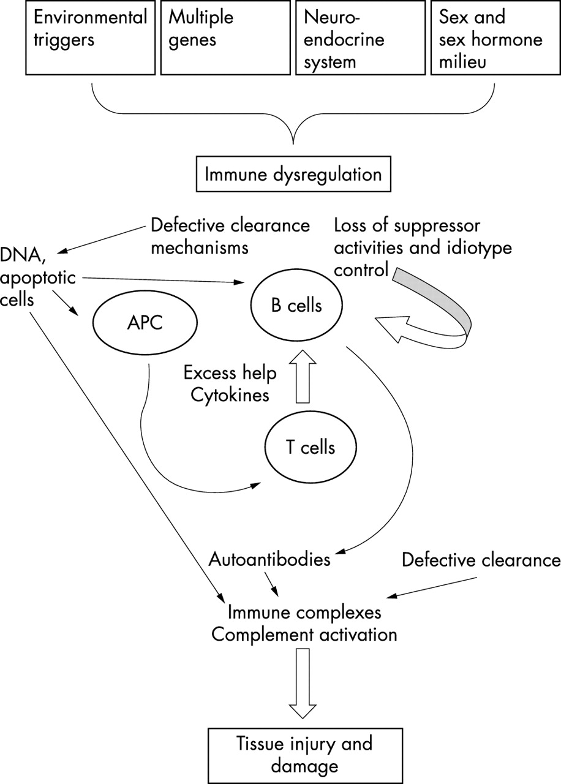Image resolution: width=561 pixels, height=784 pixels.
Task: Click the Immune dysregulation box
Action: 293,174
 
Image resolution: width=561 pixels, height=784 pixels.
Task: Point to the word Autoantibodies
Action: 269,559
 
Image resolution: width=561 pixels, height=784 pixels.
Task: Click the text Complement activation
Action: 304,634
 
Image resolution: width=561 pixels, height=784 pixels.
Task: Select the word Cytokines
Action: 230,395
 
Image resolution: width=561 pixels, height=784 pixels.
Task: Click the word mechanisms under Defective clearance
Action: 199,248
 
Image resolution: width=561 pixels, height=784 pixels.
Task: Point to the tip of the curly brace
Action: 293,142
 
